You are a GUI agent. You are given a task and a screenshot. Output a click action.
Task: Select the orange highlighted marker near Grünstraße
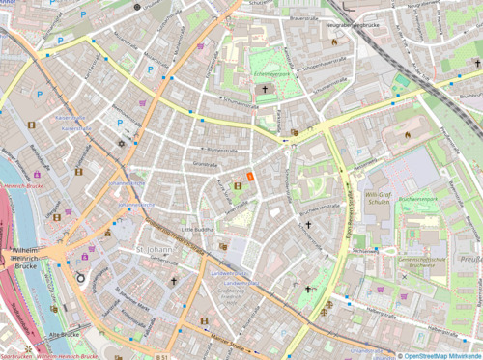pyautogui.click(x=249, y=177)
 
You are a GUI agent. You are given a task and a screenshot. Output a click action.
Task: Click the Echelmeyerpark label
pyautogui.click(x=265, y=73)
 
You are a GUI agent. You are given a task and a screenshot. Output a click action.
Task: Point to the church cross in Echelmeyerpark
pyautogui.click(x=265, y=90)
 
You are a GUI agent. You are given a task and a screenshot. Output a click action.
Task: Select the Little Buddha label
pyautogui.click(x=198, y=229)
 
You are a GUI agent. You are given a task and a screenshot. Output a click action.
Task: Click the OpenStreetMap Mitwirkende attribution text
pyautogui.click(x=440, y=355)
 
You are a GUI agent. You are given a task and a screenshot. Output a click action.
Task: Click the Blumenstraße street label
pyautogui.click(x=222, y=151)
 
